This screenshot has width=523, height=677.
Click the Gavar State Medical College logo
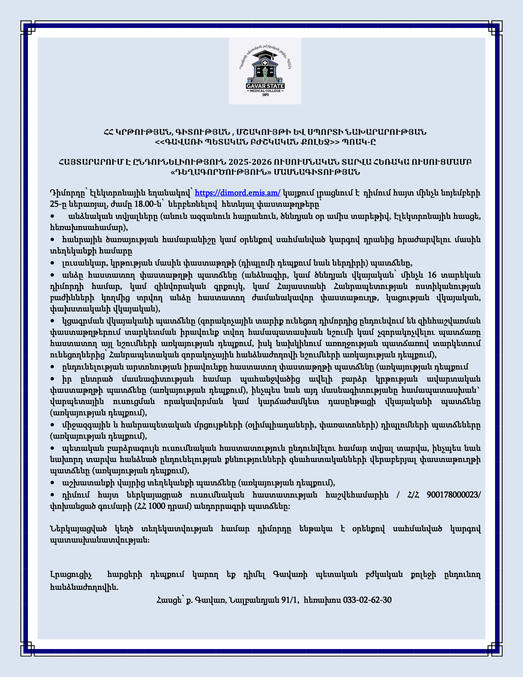265,71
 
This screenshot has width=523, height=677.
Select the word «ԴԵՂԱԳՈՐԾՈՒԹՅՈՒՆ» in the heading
221,172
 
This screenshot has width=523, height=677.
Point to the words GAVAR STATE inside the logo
265,86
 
